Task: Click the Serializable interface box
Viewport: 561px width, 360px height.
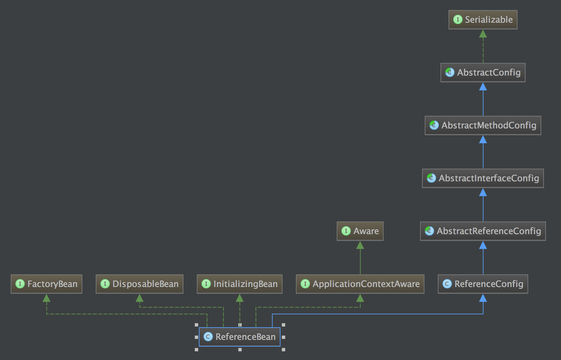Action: [483, 20]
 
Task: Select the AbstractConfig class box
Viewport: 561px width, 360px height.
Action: [483, 73]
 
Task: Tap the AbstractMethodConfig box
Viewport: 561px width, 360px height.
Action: [483, 125]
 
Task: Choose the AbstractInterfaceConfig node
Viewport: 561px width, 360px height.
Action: [483, 178]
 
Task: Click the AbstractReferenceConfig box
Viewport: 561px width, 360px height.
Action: [483, 231]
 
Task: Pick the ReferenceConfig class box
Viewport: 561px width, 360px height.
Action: [483, 284]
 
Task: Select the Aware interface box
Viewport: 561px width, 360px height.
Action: [360, 231]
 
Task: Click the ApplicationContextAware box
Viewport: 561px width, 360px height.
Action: [360, 284]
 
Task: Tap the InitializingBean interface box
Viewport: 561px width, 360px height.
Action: [239, 284]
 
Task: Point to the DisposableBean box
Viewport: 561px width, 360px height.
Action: [140, 284]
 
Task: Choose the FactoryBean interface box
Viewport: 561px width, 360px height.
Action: [46, 284]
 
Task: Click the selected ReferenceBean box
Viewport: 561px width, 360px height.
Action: [239, 337]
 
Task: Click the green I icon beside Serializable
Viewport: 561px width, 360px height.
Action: [458, 19]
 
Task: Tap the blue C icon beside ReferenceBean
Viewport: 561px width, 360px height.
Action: [208, 337]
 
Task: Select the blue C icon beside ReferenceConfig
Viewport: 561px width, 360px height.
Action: [447, 284]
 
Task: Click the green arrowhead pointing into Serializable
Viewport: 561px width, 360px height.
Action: [483, 34]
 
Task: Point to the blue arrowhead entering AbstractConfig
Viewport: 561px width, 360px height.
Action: [483, 87]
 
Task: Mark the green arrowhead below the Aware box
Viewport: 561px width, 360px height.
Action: [360, 245]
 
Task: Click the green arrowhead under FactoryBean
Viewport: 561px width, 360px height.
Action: [46, 298]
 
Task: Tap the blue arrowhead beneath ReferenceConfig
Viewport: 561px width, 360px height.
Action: [483, 298]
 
